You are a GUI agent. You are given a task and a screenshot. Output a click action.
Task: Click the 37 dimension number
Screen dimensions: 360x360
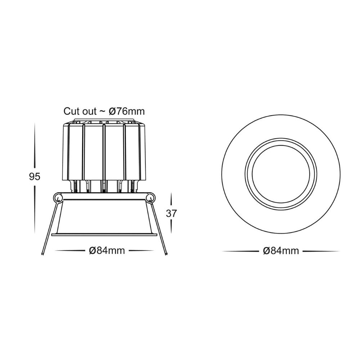(x=171, y=213)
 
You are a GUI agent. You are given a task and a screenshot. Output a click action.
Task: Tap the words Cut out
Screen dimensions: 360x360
(x=80, y=111)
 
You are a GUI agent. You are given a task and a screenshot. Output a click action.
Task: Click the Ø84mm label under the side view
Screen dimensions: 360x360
(x=107, y=251)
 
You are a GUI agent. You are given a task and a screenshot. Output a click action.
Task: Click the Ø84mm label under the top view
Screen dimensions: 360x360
(x=280, y=251)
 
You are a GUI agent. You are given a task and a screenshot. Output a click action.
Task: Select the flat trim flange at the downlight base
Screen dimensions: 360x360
(x=104, y=235)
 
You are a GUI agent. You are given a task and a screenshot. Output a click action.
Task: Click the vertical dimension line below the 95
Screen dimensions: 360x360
(x=35, y=212)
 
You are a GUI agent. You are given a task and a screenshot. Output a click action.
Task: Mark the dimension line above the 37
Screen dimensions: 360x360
(x=171, y=200)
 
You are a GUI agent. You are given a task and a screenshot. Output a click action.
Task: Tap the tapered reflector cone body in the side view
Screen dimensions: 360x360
(x=104, y=216)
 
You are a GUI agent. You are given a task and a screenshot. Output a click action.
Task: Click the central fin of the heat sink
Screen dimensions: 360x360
(x=104, y=151)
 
